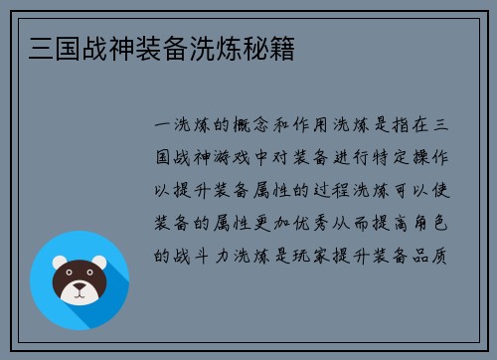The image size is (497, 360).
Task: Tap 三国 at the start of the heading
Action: [x=43, y=48]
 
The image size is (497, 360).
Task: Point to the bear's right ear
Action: [x=101, y=263]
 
